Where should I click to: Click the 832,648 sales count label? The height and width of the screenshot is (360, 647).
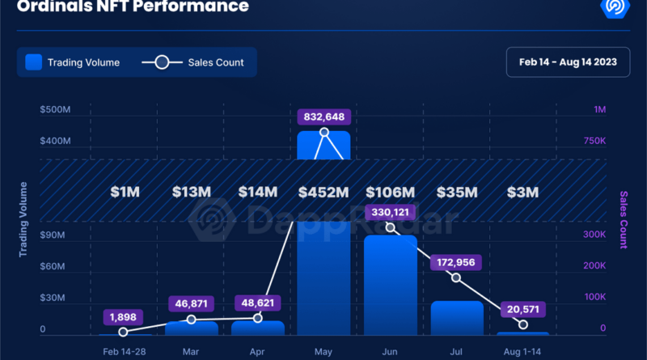pyautogui.click(x=324, y=116)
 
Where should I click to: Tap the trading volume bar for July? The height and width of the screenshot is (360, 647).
pyautogui.click(x=457, y=317)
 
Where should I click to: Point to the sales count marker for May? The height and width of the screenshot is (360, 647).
pyautogui.click(x=324, y=133)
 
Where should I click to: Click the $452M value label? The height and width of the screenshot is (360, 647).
pyautogui.click(x=324, y=193)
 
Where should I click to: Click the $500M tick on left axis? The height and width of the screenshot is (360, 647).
pyautogui.click(x=55, y=110)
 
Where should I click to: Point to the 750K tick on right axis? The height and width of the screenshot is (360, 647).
pyautogui.click(x=594, y=141)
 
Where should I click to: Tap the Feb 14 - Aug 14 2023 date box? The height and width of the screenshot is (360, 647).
pyautogui.click(x=569, y=62)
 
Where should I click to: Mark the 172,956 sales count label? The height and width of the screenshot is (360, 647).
pyautogui.click(x=457, y=262)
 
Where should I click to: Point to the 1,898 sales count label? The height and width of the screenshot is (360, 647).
pyautogui.click(x=124, y=316)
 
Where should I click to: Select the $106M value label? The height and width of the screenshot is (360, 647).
pyautogui.click(x=391, y=193)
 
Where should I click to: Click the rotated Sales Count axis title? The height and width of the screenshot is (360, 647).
pyautogui.click(x=624, y=220)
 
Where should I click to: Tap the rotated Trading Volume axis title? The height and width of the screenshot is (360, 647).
pyautogui.click(x=23, y=220)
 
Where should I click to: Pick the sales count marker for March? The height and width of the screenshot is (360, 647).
pyautogui.click(x=191, y=320)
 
